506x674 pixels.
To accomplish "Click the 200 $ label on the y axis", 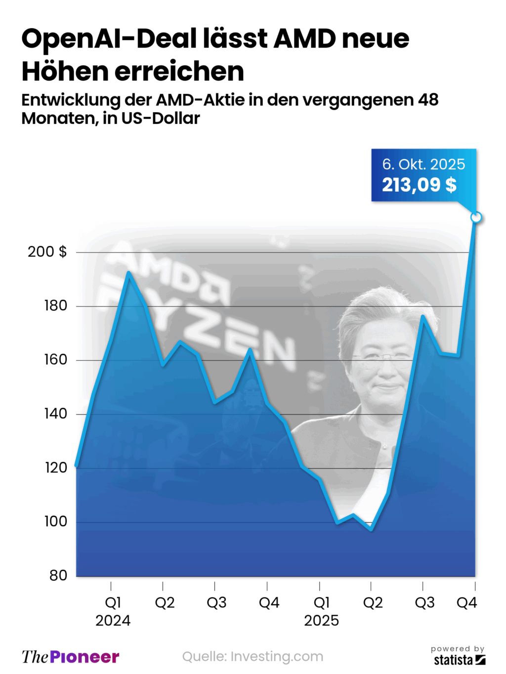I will (x=47, y=252).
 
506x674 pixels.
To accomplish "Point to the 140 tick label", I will (x=55, y=414).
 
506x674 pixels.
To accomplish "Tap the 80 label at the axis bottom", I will (x=58, y=575).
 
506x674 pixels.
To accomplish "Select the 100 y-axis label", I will (x=55, y=521).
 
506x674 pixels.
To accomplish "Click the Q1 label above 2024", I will (x=113, y=603).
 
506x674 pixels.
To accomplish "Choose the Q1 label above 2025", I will (x=321, y=603).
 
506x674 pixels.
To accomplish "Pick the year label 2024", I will (x=113, y=621).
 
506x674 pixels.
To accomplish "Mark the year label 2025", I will (x=321, y=621).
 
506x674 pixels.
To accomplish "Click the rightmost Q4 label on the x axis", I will (x=466, y=603).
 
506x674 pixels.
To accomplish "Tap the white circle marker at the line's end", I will (x=476, y=217).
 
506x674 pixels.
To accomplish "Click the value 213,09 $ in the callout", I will (x=419, y=185).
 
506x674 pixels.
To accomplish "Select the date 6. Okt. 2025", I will (x=423, y=164).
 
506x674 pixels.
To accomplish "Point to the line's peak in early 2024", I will (x=128, y=273).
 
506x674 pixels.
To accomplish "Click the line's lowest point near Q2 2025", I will (x=371, y=529).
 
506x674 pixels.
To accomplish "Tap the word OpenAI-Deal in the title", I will (x=109, y=39).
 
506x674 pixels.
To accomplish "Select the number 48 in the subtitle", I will (x=428, y=100).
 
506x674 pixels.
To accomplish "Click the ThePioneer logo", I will (x=70, y=657).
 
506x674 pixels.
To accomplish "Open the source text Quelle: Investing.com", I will (x=253, y=657).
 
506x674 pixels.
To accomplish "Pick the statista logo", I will (x=459, y=660).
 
